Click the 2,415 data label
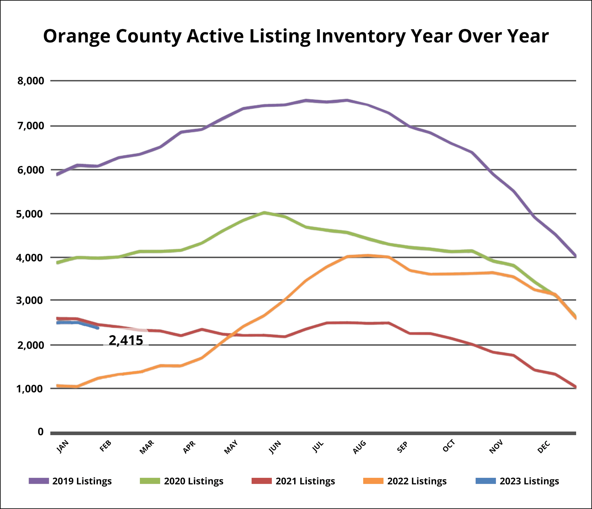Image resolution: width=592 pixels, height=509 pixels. [126, 340]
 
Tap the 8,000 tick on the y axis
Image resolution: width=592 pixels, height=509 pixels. [31, 81]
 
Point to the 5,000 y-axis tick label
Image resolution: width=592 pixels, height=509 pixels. [30, 214]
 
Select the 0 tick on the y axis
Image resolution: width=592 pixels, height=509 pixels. [40, 432]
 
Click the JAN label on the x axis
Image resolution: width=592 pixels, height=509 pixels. [63, 447]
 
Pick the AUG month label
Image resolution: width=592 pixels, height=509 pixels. [360, 447]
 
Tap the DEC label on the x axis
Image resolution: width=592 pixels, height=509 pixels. [544, 447]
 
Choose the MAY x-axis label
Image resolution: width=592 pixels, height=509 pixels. [231, 447]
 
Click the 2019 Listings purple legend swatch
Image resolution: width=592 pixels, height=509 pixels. [39, 481]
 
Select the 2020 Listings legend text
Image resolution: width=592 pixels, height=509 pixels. [194, 481]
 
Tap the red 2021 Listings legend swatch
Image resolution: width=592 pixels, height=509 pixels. [261, 481]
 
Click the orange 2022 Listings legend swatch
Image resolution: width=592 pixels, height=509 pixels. [373, 481]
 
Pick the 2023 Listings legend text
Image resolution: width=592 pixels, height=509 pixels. [529, 481]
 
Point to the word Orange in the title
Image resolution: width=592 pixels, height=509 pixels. [76, 36]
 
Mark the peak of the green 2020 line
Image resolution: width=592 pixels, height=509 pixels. [264, 213]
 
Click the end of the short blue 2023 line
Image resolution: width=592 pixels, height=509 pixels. [98, 328]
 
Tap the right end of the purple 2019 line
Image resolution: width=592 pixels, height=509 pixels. [575, 256]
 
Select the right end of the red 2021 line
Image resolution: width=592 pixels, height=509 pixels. [575, 387]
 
